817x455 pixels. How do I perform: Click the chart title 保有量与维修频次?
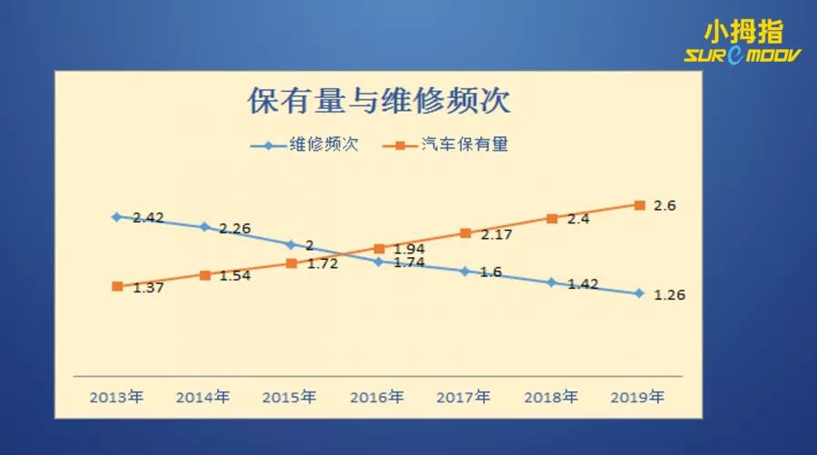point(379,101)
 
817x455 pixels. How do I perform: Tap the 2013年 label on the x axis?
point(116,397)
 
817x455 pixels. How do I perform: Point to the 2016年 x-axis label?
point(377,397)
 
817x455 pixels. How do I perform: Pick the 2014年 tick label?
point(202,397)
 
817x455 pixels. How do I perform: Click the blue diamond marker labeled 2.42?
point(116,217)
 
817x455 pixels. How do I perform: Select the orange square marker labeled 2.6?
point(639,205)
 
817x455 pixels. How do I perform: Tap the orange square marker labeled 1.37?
point(117,286)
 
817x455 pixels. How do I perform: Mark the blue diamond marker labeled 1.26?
point(639,293)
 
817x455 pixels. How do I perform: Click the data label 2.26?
point(234,229)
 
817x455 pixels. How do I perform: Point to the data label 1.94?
point(409,249)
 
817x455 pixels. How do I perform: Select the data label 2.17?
point(497,234)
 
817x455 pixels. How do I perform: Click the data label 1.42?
point(583,284)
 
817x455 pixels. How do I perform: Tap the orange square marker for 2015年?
point(291,263)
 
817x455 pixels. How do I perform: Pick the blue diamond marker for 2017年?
point(465,272)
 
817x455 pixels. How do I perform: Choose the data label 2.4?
point(578,219)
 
